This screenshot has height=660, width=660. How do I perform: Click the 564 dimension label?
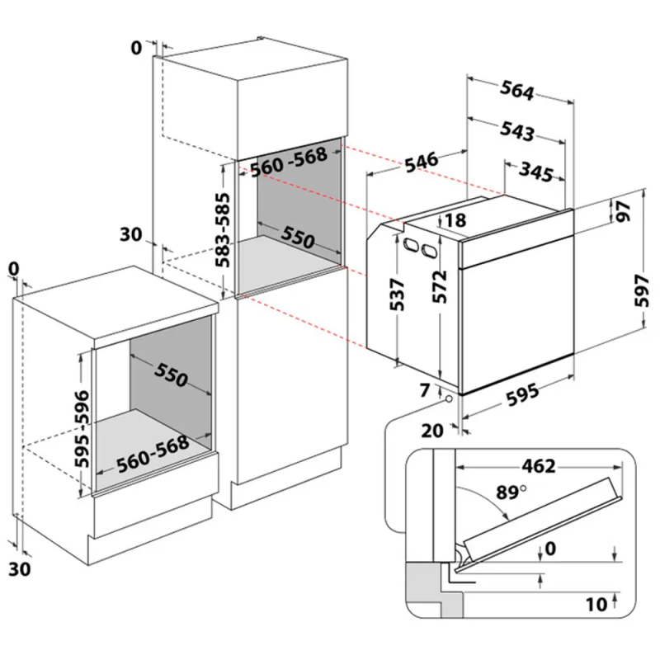(x=518, y=92)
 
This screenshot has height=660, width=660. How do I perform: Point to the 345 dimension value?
(x=536, y=172)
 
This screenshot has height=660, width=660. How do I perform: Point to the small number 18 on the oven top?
(x=455, y=221)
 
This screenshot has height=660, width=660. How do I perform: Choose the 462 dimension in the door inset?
(x=537, y=466)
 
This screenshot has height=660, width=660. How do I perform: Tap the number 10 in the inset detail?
(x=596, y=605)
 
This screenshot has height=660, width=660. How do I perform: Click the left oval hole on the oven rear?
(x=409, y=243)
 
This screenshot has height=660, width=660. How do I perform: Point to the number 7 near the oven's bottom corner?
(x=424, y=391)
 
